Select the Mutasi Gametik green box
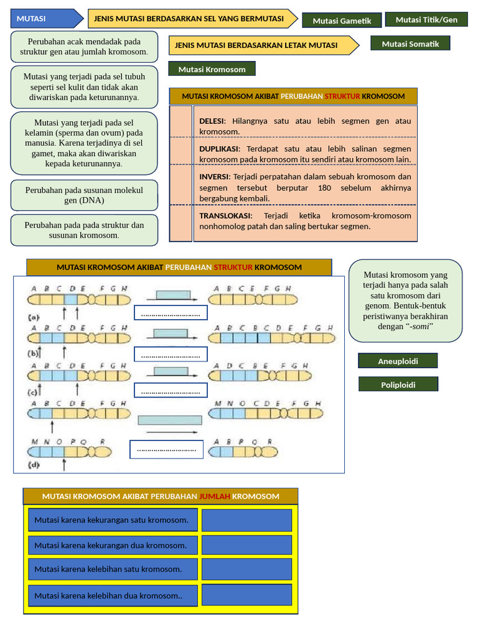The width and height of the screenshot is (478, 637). (x=342, y=21)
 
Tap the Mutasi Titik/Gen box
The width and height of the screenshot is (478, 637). (x=426, y=19)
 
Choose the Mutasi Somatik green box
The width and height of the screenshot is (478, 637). (x=410, y=44)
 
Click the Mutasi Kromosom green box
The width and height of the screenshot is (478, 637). (x=212, y=69)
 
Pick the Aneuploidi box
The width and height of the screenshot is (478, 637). (x=398, y=361)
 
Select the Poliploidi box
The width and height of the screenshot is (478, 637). (x=398, y=384)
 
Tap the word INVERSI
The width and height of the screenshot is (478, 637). (x=214, y=176)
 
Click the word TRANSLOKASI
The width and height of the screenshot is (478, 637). (x=225, y=215)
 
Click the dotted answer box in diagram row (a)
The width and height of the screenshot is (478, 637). (x=171, y=313)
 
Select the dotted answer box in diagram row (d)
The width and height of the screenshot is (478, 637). (x=166, y=449)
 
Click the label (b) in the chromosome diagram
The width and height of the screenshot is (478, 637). (x=34, y=354)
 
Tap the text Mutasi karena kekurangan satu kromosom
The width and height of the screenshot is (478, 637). (x=111, y=520)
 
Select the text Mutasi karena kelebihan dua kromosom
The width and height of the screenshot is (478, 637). (x=108, y=595)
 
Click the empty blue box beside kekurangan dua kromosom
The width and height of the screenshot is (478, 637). (x=246, y=545)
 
